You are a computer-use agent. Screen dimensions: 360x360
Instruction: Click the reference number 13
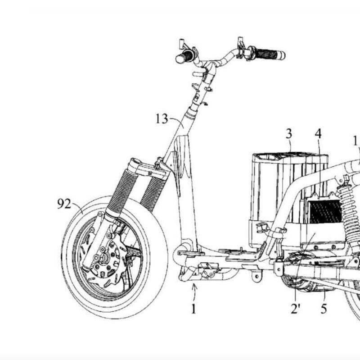click(162, 119)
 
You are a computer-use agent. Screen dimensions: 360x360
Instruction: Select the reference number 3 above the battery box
click(289, 133)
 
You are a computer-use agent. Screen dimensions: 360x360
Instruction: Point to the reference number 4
click(318, 134)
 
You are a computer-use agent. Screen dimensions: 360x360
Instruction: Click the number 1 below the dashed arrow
click(193, 310)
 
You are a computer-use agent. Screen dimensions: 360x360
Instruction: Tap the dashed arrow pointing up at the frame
click(194, 291)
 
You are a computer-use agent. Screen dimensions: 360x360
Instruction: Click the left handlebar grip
click(184, 58)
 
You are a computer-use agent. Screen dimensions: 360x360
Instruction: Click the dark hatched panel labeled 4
click(325, 212)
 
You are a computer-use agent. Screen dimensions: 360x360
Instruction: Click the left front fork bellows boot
click(121, 189)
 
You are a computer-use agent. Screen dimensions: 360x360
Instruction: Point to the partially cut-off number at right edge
click(356, 141)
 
